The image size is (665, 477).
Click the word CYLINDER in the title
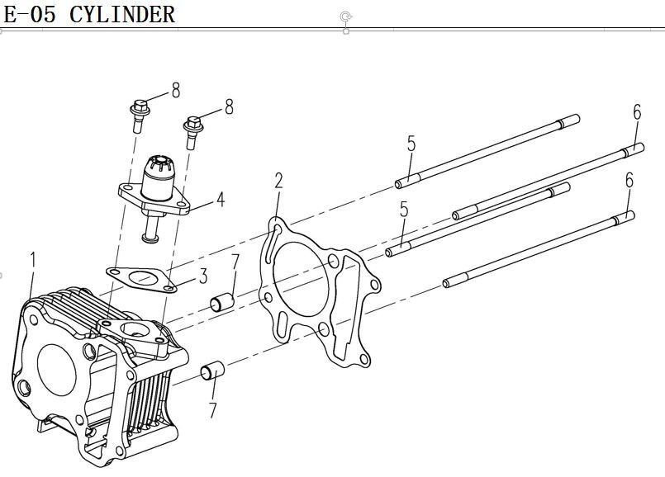click(122, 15)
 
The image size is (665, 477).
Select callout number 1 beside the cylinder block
click(32, 261)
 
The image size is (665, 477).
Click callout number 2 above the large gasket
click(279, 181)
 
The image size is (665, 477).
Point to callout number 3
click(202, 275)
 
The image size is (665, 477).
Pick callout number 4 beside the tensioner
click(221, 199)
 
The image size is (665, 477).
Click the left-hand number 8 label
click(175, 90)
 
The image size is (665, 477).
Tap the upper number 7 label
click(235, 264)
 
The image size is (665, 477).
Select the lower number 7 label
click(213, 409)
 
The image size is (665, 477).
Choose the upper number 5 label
click(411, 144)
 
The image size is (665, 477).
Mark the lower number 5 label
click(403, 210)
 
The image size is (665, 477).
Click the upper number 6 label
click(637, 113)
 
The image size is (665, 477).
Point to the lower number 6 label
click(629, 179)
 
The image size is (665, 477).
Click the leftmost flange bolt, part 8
click(140, 115)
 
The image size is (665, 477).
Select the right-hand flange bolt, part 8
click(193, 130)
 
